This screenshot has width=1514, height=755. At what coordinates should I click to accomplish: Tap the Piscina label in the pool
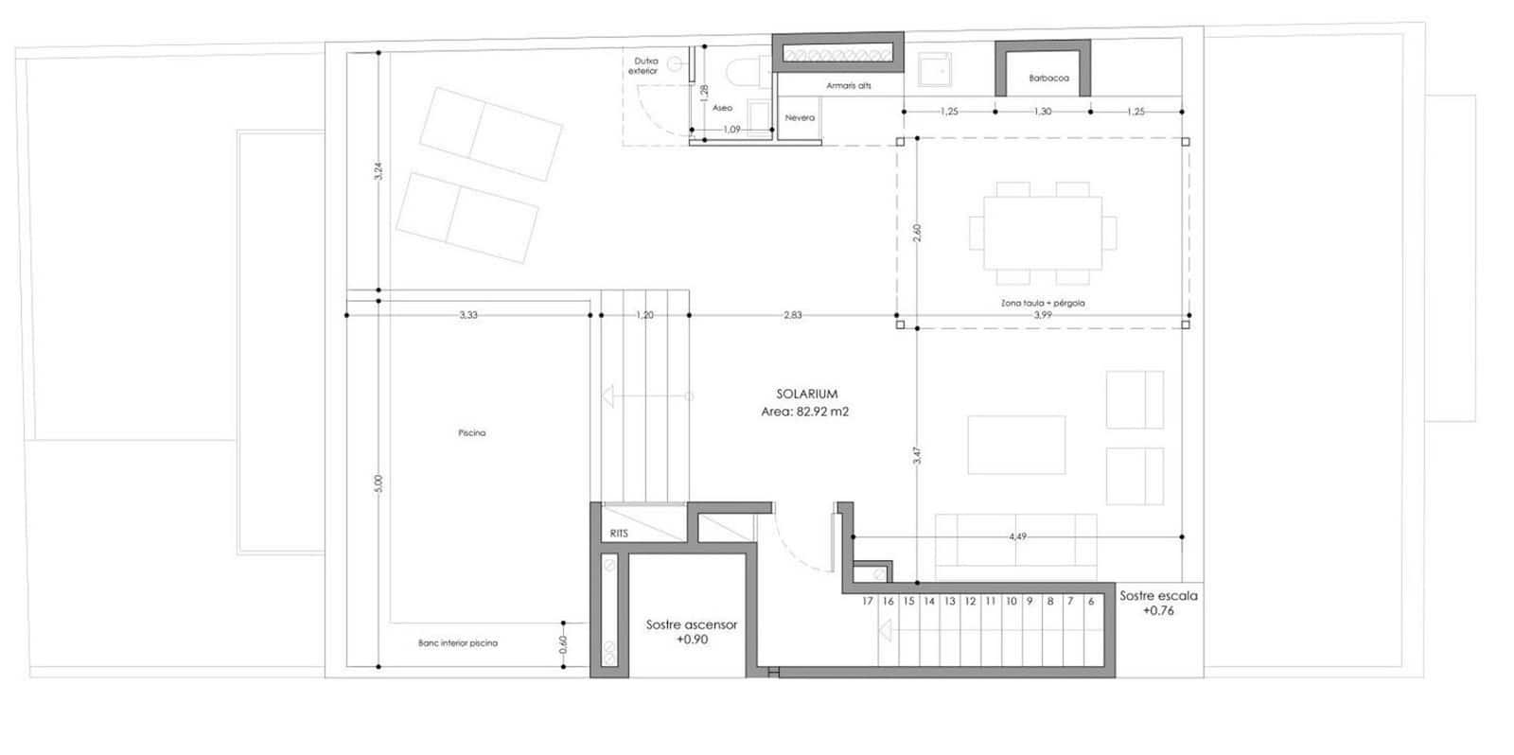click(471, 433)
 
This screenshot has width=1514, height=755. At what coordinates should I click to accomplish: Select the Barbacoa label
click(1048, 79)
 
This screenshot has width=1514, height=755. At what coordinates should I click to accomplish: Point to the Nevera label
click(800, 118)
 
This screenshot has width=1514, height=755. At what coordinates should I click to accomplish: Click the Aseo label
click(722, 108)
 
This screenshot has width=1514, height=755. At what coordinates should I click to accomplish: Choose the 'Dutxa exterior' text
click(643, 66)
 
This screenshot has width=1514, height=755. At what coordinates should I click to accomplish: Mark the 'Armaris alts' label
click(848, 86)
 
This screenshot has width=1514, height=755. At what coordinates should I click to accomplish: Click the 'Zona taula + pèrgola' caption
click(1042, 304)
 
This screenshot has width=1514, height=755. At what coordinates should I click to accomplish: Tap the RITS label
click(619, 534)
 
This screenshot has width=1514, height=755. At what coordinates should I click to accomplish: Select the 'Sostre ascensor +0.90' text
click(691, 632)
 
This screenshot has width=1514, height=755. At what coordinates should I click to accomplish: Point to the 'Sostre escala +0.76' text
click(1158, 604)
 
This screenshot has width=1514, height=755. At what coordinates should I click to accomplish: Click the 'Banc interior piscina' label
click(457, 643)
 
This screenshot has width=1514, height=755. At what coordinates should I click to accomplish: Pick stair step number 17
click(868, 601)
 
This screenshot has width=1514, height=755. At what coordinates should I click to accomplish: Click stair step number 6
click(1091, 601)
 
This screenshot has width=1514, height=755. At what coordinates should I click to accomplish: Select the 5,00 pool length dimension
click(378, 483)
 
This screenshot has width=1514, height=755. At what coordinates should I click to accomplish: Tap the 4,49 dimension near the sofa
click(1017, 536)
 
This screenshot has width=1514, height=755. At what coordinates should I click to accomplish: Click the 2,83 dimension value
click(792, 315)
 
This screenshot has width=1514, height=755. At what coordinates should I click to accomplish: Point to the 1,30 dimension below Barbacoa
click(1042, 112)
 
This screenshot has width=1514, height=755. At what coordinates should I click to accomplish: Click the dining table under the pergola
click(1042, 233)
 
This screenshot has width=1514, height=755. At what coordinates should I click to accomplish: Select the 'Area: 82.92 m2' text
click(804, 412)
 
